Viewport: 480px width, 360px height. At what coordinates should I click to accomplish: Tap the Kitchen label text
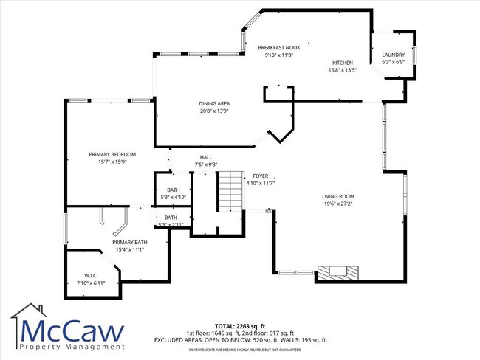[x=342, y=63]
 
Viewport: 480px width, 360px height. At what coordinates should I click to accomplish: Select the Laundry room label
[x=393, y=55]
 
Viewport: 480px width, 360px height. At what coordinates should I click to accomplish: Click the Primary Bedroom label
[x=112, y=154]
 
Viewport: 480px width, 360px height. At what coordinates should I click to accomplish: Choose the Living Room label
[x=337, y=196]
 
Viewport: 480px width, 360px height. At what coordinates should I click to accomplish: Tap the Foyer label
[x=261, y=176]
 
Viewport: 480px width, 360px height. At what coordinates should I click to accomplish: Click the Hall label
[x=205, y=157]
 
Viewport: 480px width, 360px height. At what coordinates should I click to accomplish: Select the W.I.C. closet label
[x=92, y=276]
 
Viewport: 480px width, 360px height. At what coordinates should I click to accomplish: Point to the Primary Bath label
[x=129, y=242]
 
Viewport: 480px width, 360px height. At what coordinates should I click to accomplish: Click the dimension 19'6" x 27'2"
[x=337, y=204]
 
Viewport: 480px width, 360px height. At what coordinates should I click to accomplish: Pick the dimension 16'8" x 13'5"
[x=342, y=70]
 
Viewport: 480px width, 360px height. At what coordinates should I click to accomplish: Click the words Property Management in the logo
[x=72, y=346]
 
